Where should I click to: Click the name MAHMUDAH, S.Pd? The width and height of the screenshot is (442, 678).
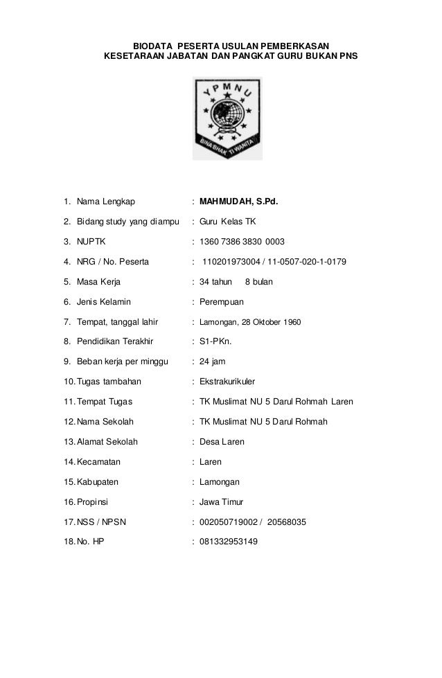(x=238, y=202)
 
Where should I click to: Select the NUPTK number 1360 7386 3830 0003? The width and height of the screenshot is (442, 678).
(x=242, y=242)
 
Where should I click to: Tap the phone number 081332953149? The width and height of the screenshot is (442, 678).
(x=228, y=542)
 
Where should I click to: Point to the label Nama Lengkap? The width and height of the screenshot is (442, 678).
(x=106, y=202)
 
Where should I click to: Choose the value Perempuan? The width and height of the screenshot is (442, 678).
(x=222, y=302)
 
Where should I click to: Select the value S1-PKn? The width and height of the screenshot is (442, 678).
(x=216, y=341)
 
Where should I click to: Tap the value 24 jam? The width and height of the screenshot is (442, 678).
(x=212, y=362)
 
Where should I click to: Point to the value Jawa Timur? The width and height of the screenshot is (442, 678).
(x=222, y=501)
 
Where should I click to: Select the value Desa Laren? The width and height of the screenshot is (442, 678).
(x=222, y=441)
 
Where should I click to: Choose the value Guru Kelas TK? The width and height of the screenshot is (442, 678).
(x=227, y=222)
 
